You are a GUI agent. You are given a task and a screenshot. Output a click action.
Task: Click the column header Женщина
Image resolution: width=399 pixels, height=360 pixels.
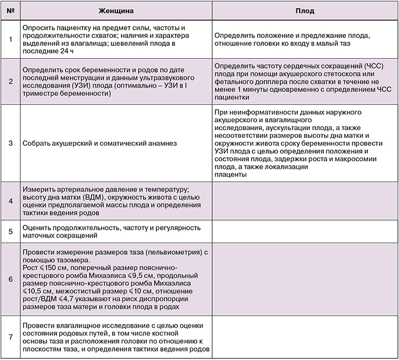coord(115,11)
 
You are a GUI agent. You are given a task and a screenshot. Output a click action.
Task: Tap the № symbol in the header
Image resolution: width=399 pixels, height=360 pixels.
coord(11,11)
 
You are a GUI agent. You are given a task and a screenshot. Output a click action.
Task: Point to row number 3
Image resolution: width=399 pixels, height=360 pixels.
coord(11,143)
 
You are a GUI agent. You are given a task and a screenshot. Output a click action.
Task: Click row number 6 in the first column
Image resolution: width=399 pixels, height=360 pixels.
coord(11,279)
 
